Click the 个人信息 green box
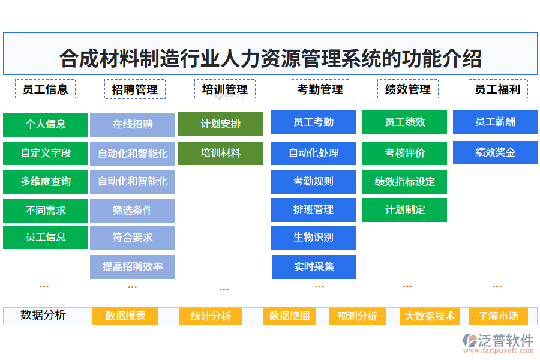45,124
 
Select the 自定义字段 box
45,153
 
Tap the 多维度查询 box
45,181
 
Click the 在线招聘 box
132,124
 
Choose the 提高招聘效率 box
132,266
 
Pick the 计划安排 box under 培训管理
220,124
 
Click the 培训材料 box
220,153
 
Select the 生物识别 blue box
313,238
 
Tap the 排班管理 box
313,210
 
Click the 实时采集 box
314,267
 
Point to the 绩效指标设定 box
404,182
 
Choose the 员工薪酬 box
495,122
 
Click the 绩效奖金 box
495,152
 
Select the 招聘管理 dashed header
135,89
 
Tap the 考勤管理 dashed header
320,89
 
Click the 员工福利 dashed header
497,89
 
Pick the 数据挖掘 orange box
289,316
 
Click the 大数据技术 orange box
430,316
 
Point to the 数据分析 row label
43,316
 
